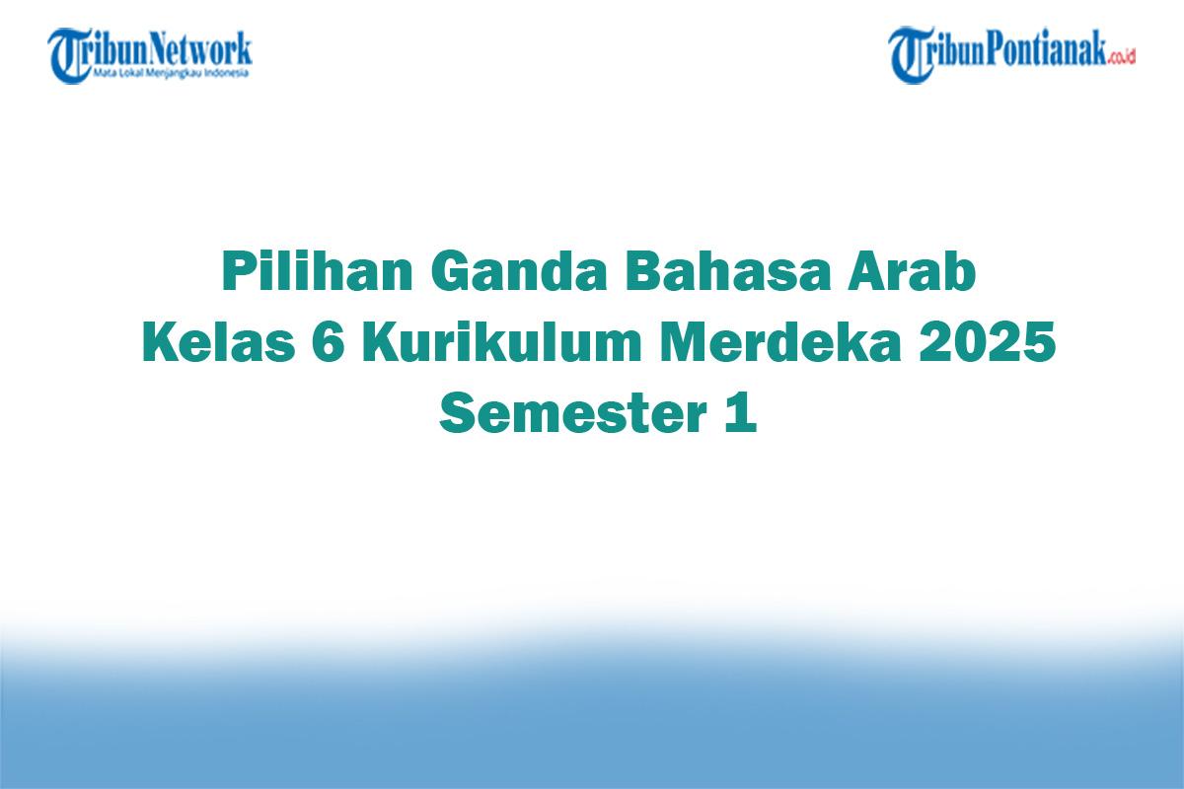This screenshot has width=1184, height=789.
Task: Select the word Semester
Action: click(x=566, y=413)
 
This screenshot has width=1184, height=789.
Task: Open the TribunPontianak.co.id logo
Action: click(x=1011, y=54)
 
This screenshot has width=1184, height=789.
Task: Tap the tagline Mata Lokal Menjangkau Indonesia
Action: click(x=172, y=73)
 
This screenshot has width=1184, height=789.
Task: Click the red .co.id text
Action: click(x=1122, y=57)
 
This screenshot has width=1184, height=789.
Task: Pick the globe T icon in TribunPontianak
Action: click(x=912, y=55)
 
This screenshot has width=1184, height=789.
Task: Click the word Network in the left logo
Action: click(x=201, y=48)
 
